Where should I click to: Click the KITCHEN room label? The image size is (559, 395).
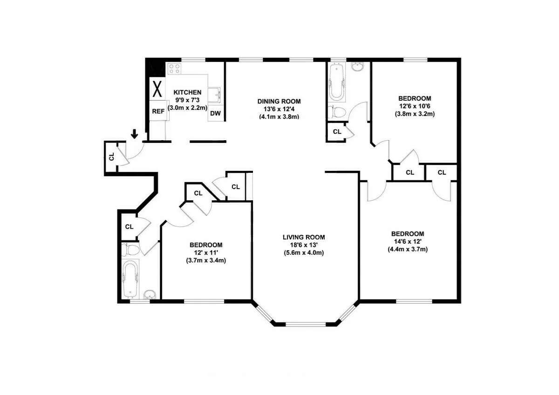tap(187, 92)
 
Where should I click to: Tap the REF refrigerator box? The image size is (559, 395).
tap(158, 111)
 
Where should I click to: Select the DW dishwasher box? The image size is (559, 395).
tap(215, 113)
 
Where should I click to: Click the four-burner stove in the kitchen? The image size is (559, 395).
tap(174, 68)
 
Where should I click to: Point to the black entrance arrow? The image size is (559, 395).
tap(135, 134)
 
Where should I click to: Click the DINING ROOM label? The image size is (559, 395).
tap(279, 101)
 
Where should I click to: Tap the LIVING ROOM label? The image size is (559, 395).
tap(304, 237)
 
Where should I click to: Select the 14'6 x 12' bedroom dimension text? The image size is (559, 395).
tap(408, 241)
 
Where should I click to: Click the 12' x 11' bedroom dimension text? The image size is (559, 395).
tap(206, 252)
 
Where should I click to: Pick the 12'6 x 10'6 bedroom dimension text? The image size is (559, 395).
tap(415, 106)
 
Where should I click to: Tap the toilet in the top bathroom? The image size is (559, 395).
tap(336, 112)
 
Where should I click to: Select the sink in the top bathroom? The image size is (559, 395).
tap(358, 68)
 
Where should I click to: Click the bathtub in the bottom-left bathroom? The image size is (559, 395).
tap(130, 278)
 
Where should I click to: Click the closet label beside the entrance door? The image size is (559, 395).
tap(112, 157)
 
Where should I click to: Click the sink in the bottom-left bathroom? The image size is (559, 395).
tap(150, 294)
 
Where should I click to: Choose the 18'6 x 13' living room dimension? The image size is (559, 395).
tap(304, 245)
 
